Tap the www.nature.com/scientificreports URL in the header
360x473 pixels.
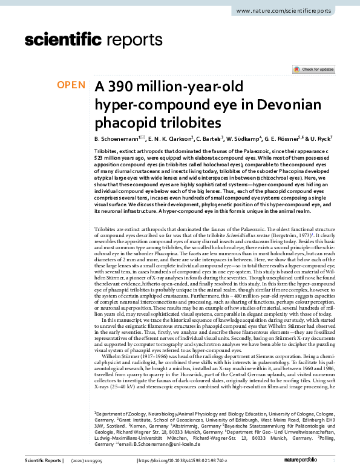[x=286, y=11]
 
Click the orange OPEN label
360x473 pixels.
[x=71, y=85]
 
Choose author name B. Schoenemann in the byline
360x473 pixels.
[x=117, y=139]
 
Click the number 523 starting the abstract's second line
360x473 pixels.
[x=100, y=157]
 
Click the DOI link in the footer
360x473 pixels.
[x=180, y=461]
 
